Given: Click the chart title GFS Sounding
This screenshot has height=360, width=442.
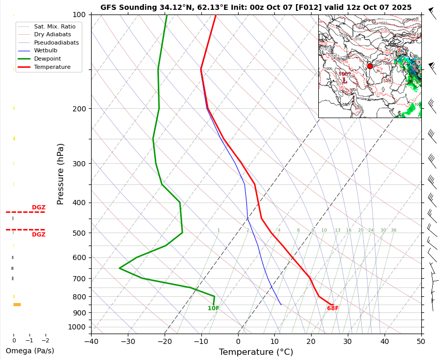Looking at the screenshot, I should point(256,7).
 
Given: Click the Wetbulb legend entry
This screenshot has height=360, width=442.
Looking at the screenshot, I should point(48,51).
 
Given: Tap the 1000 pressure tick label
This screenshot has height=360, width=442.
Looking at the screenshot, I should point(77,327).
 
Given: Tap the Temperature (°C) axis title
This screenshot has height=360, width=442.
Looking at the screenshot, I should point(256,352).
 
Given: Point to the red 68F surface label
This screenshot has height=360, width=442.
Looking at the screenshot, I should point(333,309).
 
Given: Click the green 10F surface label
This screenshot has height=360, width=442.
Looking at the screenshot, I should point(213,309).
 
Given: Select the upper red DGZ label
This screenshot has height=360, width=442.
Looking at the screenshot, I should point(39,208).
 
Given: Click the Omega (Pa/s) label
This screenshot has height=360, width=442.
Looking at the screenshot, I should point(30,351).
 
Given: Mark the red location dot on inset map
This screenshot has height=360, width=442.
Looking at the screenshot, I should point(370,66).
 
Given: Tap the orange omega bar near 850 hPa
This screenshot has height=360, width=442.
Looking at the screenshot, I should point(17,305).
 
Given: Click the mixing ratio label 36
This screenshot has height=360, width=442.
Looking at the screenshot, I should point(393,231).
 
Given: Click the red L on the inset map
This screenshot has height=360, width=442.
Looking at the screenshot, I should point(345,81).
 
